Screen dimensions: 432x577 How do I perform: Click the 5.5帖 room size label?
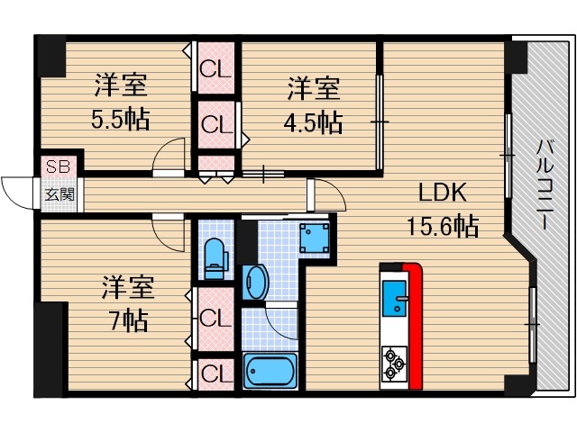click(x=121, y=119)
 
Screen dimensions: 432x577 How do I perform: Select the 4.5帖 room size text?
click(x=314, y=121)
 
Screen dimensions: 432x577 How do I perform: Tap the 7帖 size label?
click(x=126, y=319)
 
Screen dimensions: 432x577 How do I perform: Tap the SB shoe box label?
click(x=57, y=166)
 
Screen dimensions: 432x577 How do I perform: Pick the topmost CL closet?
click(x=215, y=68)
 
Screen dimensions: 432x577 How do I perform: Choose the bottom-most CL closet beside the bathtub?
click(x=215, y=372)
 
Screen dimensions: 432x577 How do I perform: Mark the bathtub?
click(x=270, y=371)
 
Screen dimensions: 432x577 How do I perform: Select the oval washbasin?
click(x=255, y=282)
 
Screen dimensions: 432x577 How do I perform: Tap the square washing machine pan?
click(x=314, y=238)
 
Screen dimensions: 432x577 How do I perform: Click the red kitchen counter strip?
click(x=414, y=324)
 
